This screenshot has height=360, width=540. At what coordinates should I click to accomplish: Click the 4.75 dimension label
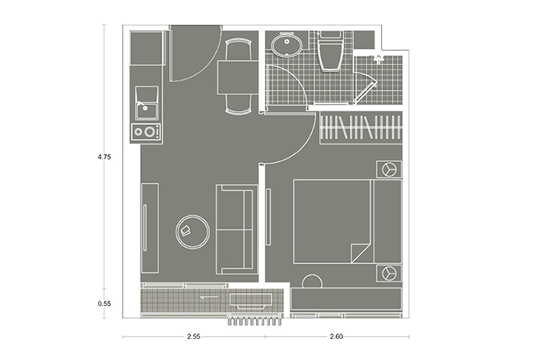[104, 157]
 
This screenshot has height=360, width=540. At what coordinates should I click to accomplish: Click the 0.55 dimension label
[104, 304]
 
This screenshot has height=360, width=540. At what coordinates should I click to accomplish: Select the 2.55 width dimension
[194, 336]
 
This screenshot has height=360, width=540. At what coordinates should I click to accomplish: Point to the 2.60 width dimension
[336, 336]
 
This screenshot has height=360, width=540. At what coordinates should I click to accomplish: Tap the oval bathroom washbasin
[287, 44]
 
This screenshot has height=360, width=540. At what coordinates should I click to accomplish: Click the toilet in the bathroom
[330, 51]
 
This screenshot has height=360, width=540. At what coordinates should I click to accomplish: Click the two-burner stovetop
[146, 132]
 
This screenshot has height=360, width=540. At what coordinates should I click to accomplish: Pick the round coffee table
[192, 232]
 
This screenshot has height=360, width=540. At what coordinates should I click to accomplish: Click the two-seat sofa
[237, 229]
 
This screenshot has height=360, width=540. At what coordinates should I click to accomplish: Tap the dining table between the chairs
[238, 77]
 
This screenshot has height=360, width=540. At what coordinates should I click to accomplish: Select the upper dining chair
[238, 49]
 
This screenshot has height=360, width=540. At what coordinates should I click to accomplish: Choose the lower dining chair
[238, 104]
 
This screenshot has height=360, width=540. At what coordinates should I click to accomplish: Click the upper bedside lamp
[389, 169]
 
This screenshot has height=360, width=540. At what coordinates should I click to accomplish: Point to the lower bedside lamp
[389, 274]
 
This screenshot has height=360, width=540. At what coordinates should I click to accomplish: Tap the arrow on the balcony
[210, 297]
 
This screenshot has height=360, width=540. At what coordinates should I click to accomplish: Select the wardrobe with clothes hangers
[361, 127]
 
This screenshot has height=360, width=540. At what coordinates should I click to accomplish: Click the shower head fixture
[379, 60]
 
